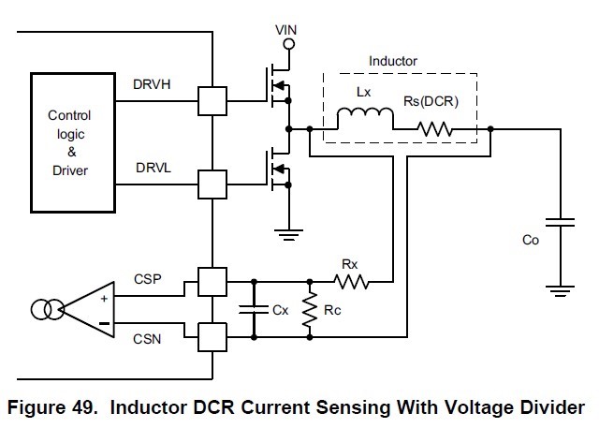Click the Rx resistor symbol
[353, 279]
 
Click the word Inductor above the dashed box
[393, 61]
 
